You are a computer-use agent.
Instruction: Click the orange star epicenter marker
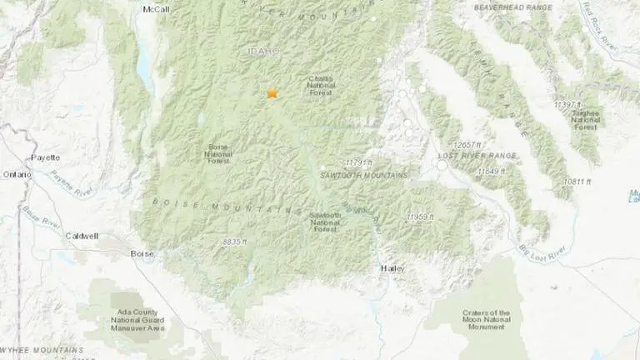pyautogui.click(x=272, y=93)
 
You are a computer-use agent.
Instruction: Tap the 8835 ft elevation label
pyautogui.click(x=237, y=241)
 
